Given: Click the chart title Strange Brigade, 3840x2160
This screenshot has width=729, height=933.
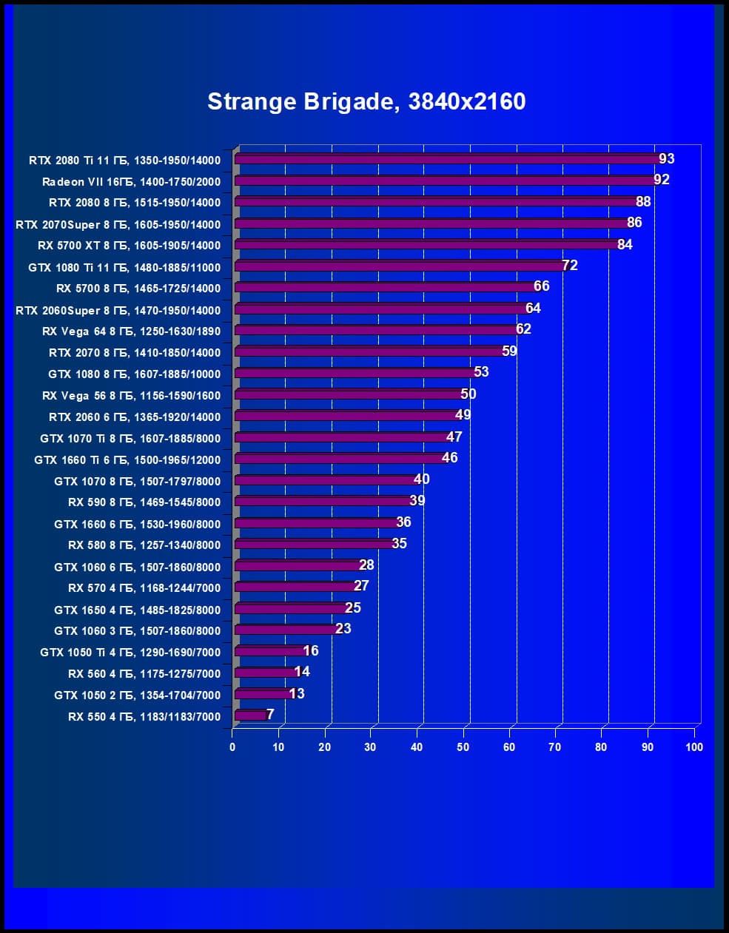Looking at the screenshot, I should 366,101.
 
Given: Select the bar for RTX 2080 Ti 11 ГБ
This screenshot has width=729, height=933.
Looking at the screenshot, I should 444,158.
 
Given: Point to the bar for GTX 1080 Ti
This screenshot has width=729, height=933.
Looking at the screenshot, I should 400,266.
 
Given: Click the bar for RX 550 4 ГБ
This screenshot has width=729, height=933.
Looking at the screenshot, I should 249,715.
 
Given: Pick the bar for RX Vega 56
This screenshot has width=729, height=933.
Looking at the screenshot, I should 348,394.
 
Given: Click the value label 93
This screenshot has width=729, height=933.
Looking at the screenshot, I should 667,158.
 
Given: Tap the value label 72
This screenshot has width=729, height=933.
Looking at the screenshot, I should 570,265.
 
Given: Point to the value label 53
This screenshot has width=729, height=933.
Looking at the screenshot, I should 481,371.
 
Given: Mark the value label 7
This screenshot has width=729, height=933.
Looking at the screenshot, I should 270,714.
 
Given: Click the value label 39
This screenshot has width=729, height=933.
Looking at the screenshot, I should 417,500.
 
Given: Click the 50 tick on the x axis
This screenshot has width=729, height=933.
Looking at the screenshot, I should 463,747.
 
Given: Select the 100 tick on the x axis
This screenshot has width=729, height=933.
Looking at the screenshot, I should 693,747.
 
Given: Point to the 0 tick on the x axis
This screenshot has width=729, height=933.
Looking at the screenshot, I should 232,747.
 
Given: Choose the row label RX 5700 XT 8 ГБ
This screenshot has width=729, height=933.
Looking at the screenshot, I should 129,246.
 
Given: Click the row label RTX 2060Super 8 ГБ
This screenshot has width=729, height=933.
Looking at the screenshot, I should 118,310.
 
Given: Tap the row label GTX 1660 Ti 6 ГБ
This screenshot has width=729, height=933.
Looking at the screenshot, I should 127,459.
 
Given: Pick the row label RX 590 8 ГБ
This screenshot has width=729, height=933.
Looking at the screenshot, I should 144,502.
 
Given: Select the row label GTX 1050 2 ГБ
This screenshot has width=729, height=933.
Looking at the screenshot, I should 137,695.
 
